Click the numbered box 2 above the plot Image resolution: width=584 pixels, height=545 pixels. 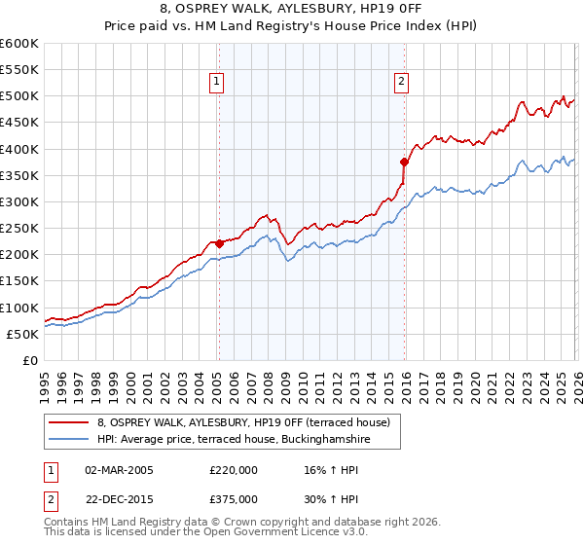(401, 83)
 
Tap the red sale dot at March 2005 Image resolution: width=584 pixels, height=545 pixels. (219, 243)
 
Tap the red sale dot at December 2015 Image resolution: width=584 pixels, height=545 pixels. (405, 162)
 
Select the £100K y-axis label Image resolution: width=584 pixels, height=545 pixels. (19, 308)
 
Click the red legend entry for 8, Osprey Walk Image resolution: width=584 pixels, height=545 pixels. (243, 422)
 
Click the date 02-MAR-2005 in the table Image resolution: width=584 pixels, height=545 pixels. (119, 469)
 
